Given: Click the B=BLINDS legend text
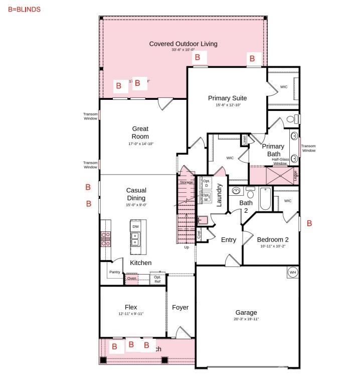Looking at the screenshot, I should [x=25, y=10].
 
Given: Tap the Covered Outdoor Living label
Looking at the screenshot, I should [x=183, y=44].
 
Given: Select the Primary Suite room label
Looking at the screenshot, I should [x=227, y=98].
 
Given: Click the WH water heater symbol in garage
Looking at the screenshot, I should [x=292, y=273].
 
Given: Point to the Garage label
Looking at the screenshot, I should [x=246, y=312].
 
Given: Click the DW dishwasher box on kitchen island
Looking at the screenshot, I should [x=135, y=227].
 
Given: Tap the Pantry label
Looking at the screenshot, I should [x=115, y=272].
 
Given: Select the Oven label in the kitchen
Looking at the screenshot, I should [x=131, y=278].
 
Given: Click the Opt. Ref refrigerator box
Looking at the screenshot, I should [x=157, y=279].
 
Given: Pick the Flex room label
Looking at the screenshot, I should [x=131, y=307].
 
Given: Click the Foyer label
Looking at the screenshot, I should [x=180, y=307].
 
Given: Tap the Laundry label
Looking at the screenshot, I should [x=219, y=195].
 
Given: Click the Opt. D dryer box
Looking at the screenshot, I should [x=206, y=183].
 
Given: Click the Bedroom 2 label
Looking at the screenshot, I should [x=273, y=239].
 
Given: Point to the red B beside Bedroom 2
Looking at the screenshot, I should [x=309, y=223].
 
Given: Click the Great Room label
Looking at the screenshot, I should [x=140, y=133].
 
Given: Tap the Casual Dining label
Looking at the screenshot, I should [x=136, y=194].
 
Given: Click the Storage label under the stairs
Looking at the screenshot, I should [x=186, y=182].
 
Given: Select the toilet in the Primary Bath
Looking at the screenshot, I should [x=291, y=119].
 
